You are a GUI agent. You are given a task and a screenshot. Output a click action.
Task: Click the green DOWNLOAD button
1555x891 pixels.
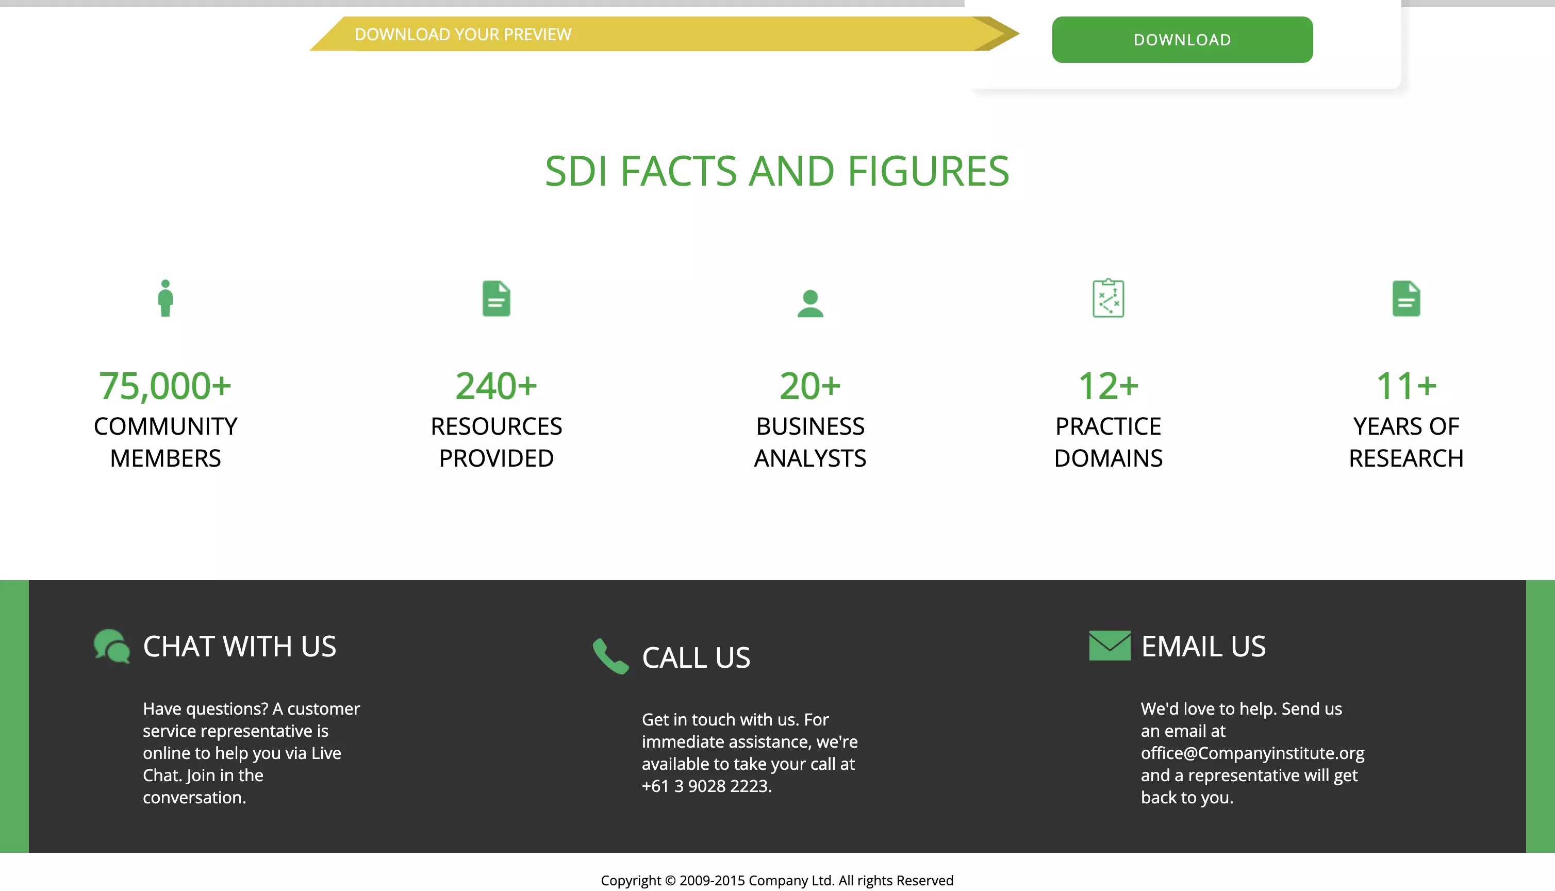coord(1182,40)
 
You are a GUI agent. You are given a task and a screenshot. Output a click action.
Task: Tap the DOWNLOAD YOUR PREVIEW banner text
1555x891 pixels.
coord(463,34)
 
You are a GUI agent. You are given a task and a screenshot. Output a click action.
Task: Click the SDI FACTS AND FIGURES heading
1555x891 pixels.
coord(777,171)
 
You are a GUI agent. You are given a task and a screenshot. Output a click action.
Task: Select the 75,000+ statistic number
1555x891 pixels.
coord(165,386)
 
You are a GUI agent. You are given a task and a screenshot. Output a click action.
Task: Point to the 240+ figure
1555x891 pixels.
coord(496,386)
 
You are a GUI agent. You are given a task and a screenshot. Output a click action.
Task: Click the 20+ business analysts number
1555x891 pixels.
coord(810,386)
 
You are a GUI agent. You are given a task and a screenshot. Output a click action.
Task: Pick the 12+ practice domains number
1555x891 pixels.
coord(1108,386)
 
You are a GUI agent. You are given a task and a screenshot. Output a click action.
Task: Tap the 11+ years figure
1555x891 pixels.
coord(1406,386)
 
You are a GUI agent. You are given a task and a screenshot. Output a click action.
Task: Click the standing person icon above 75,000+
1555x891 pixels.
coord(165,298)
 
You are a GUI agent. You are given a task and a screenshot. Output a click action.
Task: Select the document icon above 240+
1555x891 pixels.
coord(496,299)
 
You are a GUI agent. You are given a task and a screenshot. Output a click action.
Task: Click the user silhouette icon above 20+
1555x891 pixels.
coord(810,304)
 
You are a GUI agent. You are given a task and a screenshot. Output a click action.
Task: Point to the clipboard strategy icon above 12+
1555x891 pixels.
coord(1108,298)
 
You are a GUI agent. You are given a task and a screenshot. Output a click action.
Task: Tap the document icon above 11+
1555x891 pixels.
coord(1406,299)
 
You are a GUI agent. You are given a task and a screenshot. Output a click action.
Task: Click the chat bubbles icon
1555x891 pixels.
coord(112,646)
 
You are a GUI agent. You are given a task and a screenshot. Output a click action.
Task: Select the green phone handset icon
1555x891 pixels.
coord(610,656)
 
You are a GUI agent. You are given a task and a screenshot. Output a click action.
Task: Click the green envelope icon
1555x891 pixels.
coord(1110,646)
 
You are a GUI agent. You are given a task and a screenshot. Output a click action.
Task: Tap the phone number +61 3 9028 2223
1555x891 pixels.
coord(706,786)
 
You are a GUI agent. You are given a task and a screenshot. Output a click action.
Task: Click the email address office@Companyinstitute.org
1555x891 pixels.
coord(1252,753)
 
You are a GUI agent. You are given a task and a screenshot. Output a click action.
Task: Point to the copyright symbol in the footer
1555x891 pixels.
coord(670,881)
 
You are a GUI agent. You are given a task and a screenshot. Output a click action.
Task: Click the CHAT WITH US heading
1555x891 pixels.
coord(240,646)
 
